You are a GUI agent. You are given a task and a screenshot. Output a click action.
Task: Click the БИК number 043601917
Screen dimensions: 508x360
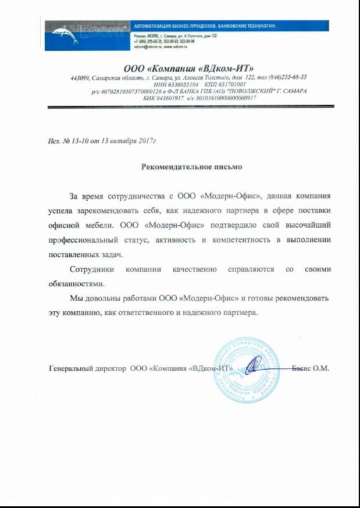click(x=170, y=98)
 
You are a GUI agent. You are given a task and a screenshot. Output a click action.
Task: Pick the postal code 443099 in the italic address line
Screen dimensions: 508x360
click(x=81, y=77)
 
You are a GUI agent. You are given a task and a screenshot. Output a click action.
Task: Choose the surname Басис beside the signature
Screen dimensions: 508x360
click(x=301, y=368)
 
